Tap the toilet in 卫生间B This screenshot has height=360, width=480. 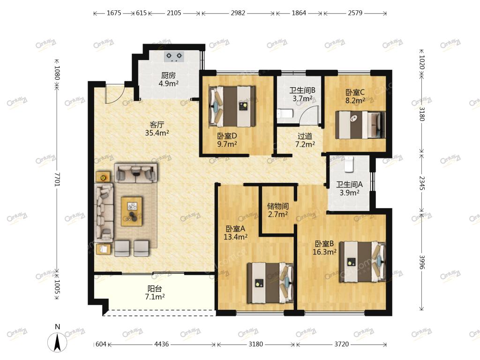click(x=285, y=113)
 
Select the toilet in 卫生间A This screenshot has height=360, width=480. click(x=349, y=164)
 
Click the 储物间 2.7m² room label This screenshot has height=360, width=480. click(x=277, y=210)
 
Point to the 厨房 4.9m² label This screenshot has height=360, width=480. click(x=168, y=79)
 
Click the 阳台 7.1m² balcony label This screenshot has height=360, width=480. click(x=155, y=292)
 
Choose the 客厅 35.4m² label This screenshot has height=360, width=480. click(x=157, y=128)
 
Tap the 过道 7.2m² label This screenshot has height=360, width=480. click(x=305, y=140)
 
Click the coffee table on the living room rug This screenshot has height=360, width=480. click(x=132, y=211)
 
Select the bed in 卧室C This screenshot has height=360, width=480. click(x=360, y=125)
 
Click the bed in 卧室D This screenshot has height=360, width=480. click(x=232, y=106)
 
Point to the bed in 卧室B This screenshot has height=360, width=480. click(x=362, y=262)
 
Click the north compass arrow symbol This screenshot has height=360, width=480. click(x=57, y=342)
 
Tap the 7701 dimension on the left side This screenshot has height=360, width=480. click(x=57, y=180)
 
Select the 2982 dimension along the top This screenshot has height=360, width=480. click(x=238, y=13)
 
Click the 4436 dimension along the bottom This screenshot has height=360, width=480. click(x=161, y=344)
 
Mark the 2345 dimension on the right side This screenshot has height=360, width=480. click(x=422, y=183)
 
